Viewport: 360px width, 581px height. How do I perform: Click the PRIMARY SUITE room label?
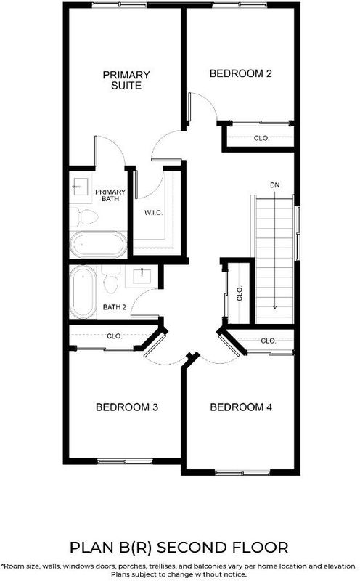126,80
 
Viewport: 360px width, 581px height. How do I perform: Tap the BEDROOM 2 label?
240,73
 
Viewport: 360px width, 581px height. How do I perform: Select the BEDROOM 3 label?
127,407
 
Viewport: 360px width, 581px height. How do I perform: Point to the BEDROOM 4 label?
241,407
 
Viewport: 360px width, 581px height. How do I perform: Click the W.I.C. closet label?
153,213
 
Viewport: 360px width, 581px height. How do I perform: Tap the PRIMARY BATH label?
110,195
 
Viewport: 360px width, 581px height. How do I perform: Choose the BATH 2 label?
115,307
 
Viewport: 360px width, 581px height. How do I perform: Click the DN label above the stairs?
274,185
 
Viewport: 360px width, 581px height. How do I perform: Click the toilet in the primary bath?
84,216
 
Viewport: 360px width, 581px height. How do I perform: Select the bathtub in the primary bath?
99,244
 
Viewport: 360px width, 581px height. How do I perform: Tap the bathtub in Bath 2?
83,292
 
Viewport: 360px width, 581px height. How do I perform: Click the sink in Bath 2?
142,276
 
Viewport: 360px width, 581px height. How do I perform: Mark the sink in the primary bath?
81,187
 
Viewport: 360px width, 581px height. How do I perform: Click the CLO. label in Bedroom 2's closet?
261,138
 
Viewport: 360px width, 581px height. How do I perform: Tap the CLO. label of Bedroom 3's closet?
114,336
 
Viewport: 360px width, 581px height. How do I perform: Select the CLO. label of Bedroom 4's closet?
268,341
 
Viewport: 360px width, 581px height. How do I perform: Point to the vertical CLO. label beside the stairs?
240,293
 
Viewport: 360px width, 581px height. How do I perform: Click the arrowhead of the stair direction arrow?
274,306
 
